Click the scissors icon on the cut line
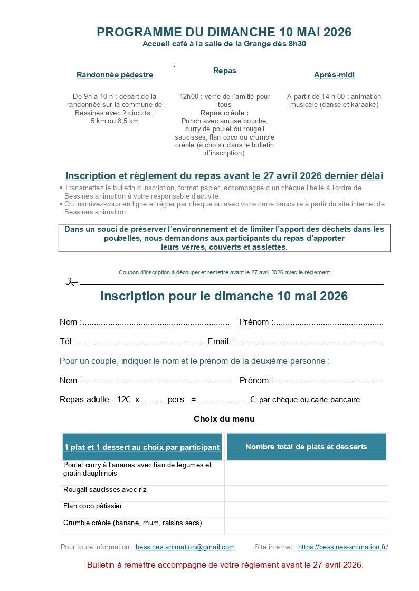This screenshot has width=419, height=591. pos(71,282)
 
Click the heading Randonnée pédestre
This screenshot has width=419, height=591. pos(115,75)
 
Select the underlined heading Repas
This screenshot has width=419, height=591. pos(225,71)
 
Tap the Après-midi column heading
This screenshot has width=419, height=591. pos(334,75)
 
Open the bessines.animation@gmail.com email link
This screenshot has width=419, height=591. pos(185,547)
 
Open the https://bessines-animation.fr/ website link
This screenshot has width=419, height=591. pos(343,547)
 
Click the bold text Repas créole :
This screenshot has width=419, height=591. pos(224,113)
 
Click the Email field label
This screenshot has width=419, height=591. pos(218,342)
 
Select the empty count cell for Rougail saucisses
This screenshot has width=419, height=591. pos(307,493)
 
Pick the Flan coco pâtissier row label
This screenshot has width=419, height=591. pos(93,506)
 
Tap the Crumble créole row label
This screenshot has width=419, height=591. pos(132,523)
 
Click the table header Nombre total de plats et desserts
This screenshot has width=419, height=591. pos(306,447)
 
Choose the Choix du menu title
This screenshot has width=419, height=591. pos(224,419)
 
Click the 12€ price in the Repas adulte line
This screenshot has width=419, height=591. pos(124,400)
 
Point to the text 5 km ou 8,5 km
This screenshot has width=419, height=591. pos(115,121)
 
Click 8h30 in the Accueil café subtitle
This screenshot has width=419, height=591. pos(297,44)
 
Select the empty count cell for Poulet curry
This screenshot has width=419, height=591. pos(307,472)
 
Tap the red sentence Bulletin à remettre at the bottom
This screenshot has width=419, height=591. pos(225,565)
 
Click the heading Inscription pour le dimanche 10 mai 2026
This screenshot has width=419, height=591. pos(224,296)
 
